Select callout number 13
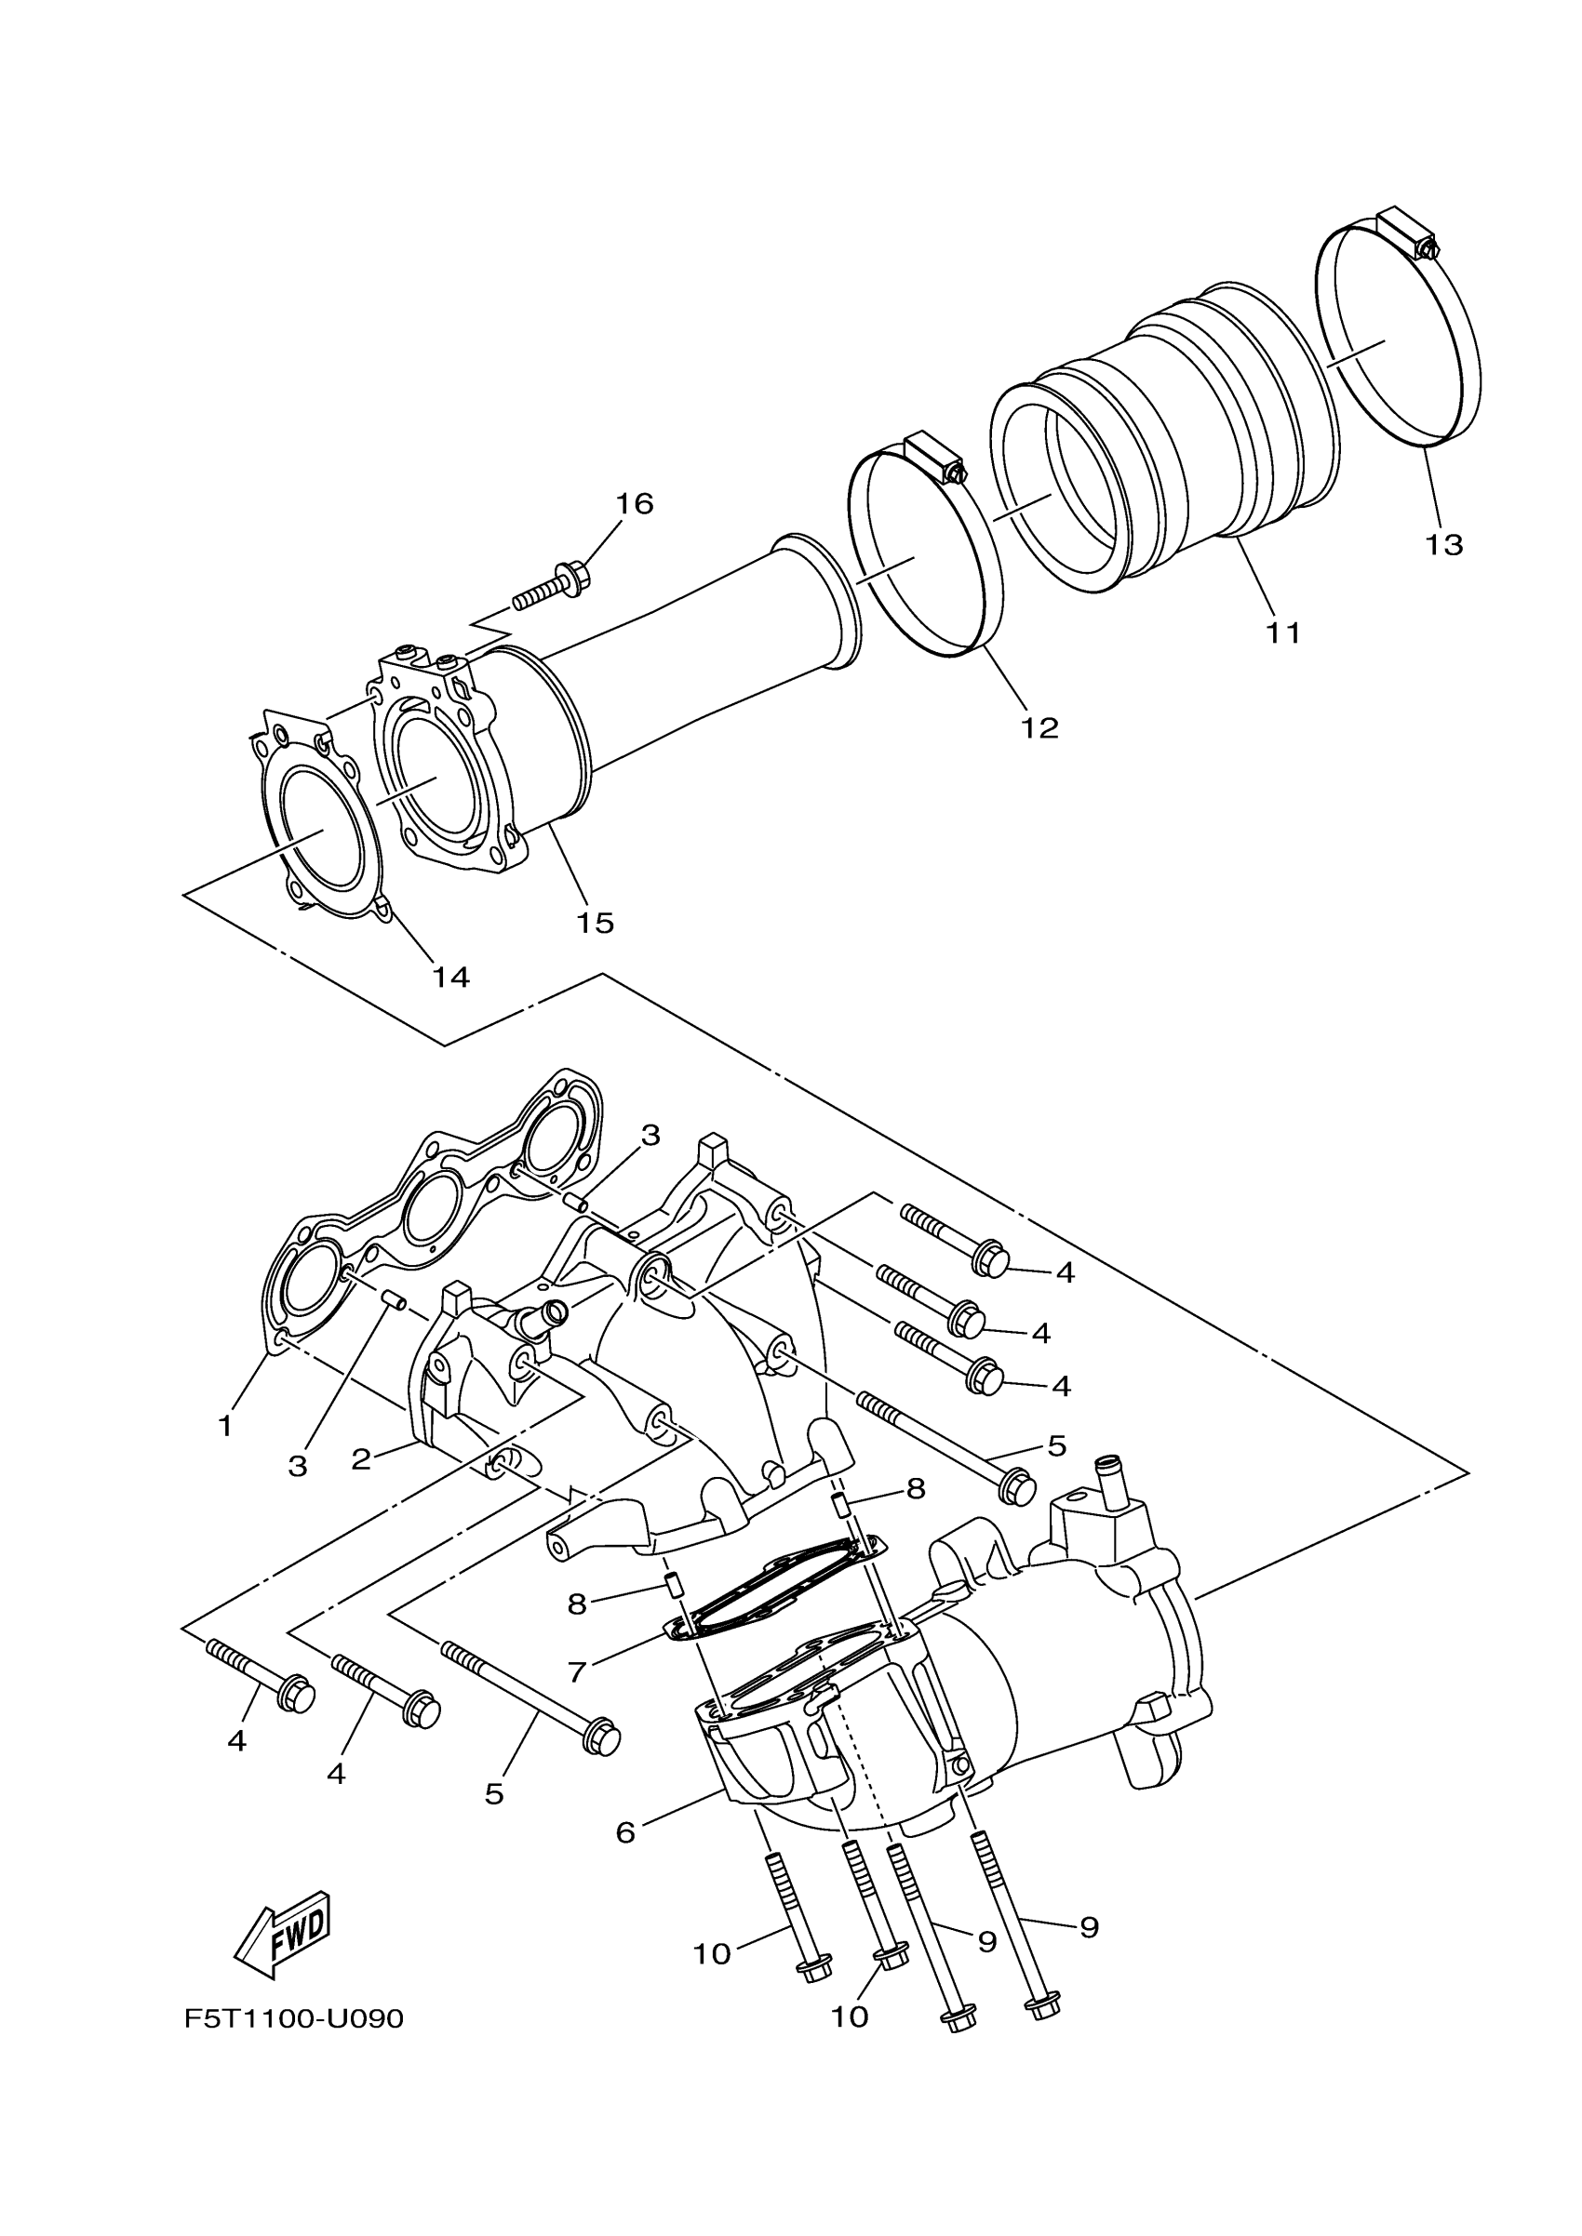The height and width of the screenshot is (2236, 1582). click(1444, 544)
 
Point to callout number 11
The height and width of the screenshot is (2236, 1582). click(1283, 632)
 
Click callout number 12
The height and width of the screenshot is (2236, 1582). click(1039, 726)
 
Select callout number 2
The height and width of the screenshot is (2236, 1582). click(361, 1458)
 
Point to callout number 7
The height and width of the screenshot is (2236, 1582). click(577, 1671)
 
